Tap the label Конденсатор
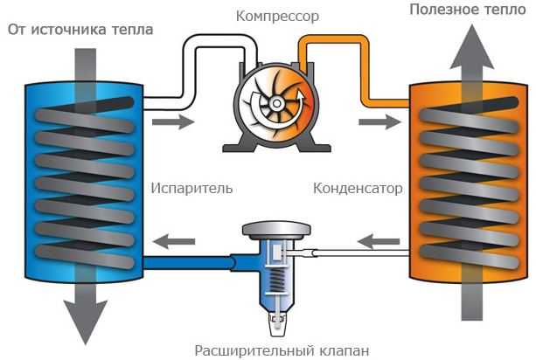[x=358, y=188]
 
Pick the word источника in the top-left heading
[x=75, y=30]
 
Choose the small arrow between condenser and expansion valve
[x=379, y=239]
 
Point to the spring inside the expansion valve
[x=275, y=280]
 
